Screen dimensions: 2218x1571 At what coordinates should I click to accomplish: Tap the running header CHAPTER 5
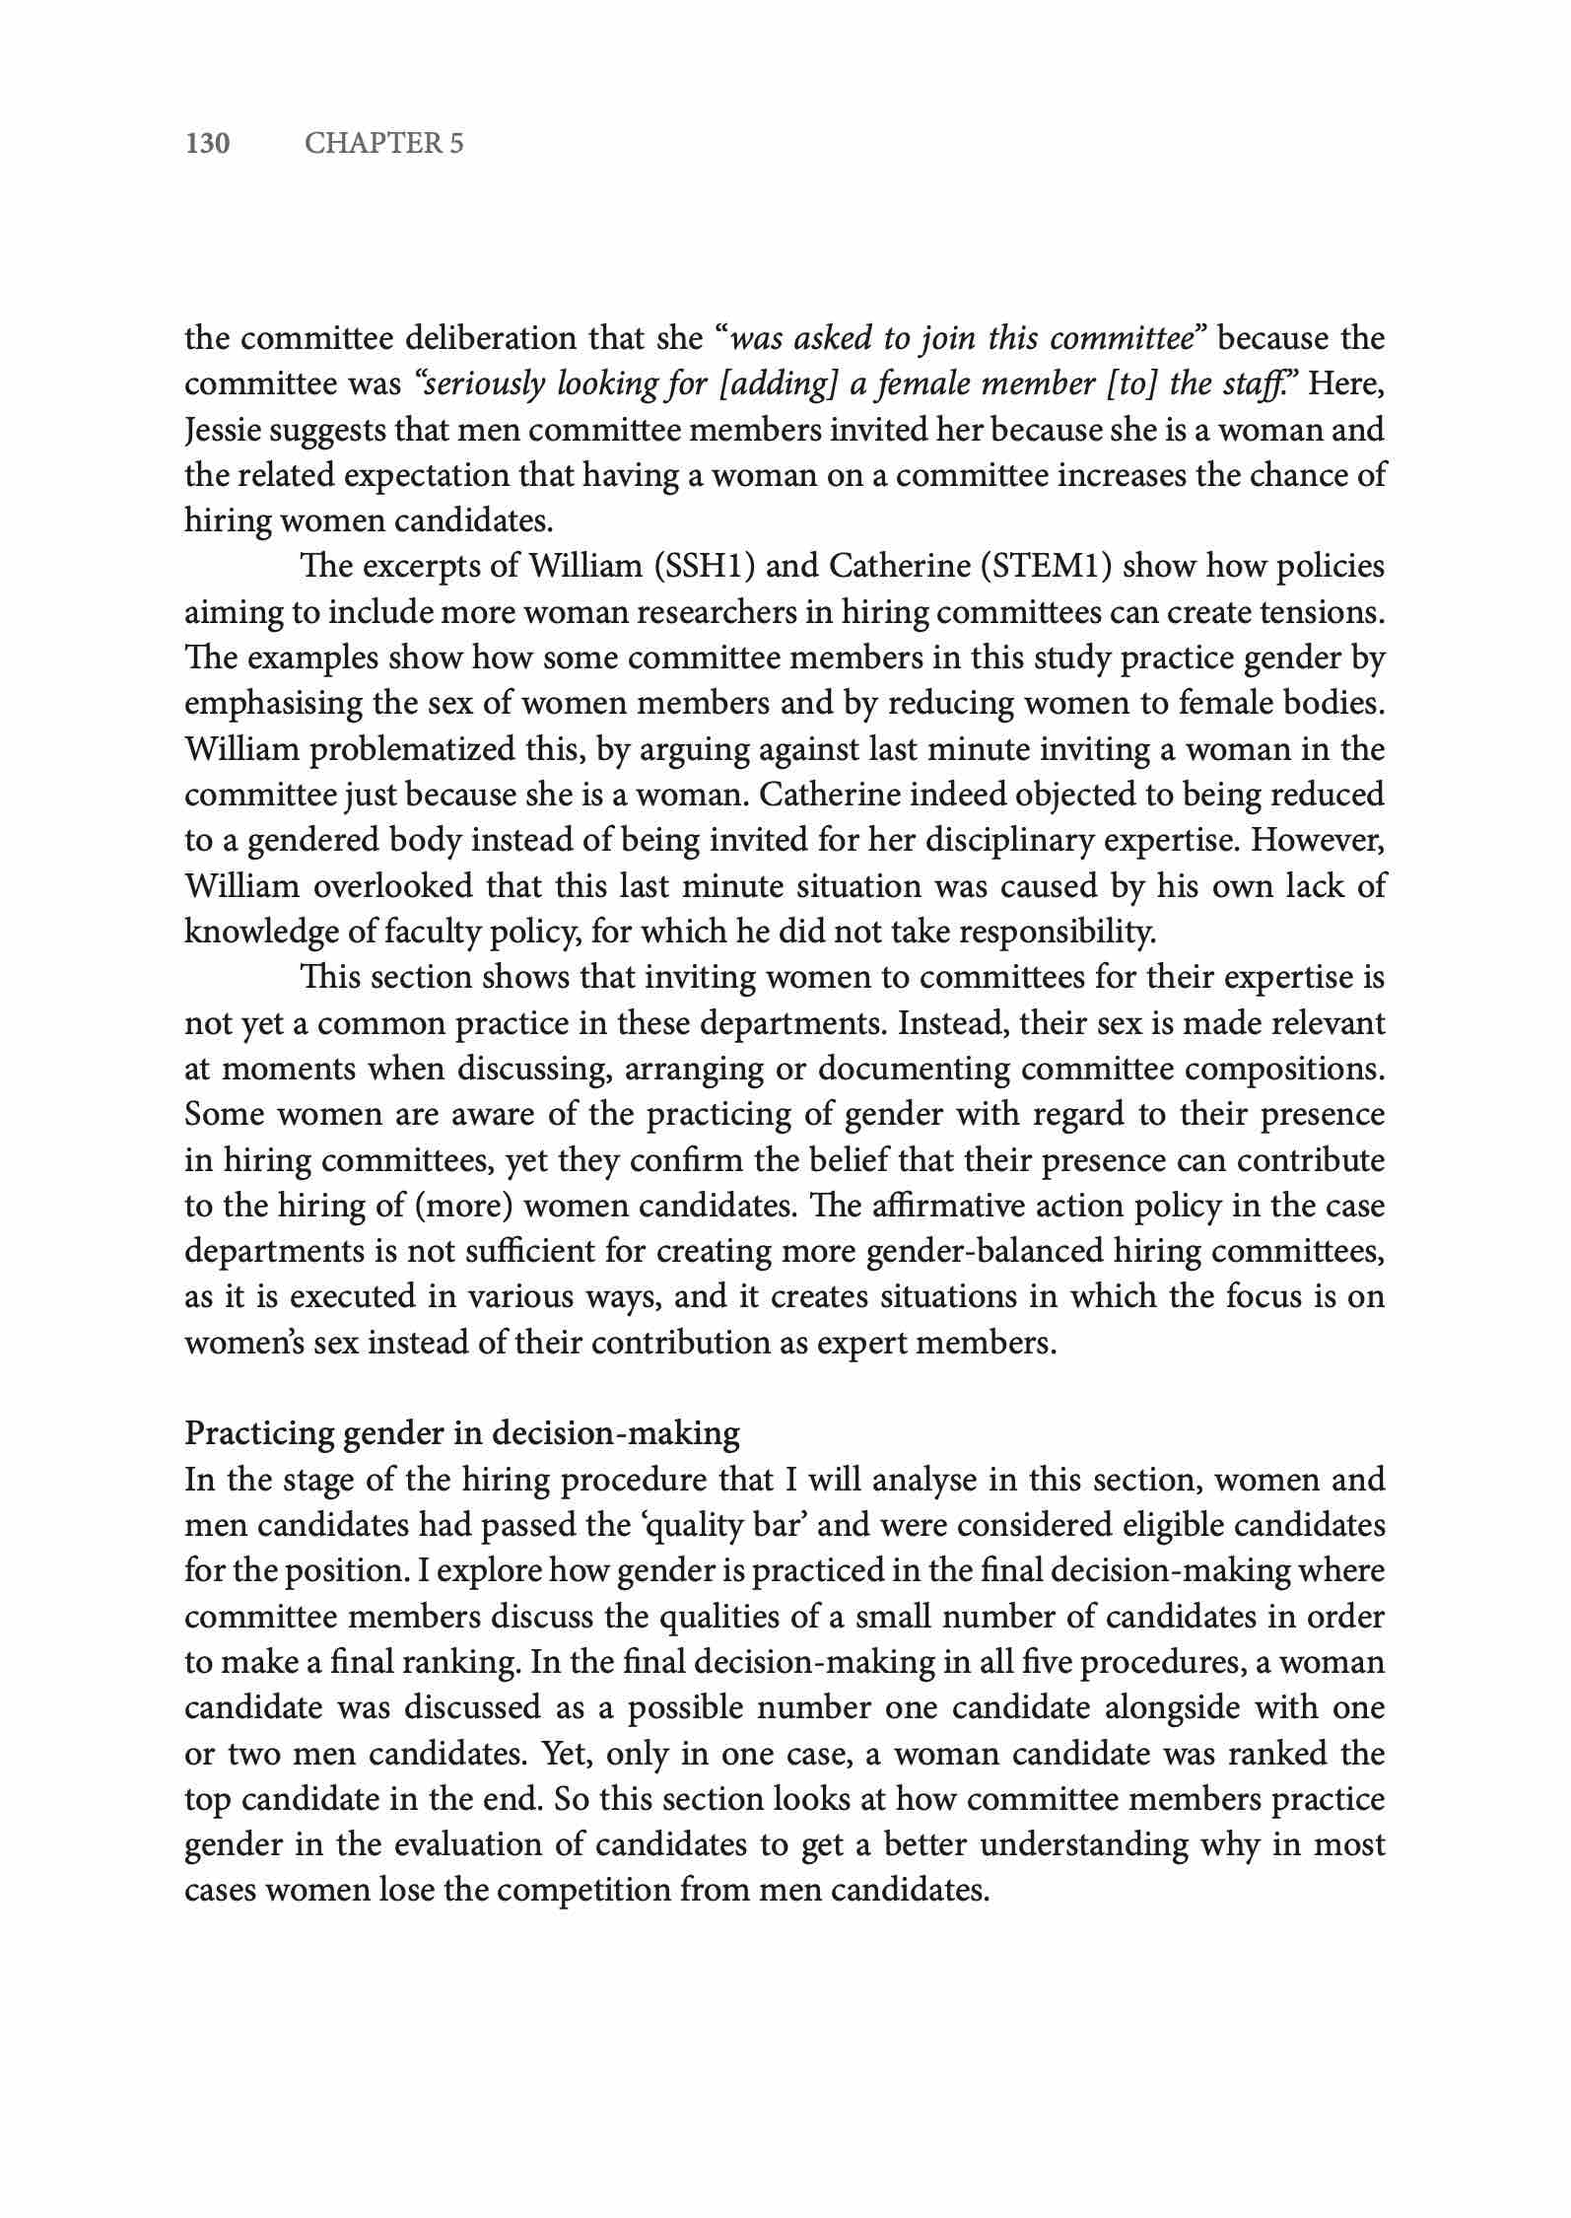[383, 144]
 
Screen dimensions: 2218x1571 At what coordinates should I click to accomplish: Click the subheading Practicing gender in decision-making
[461, 1432]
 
